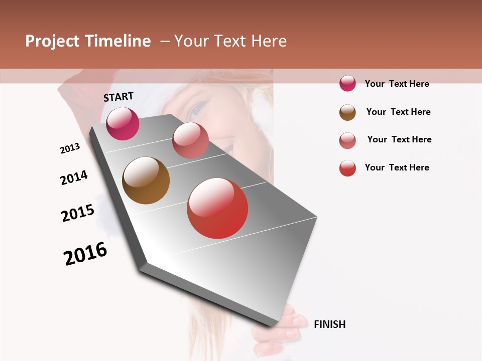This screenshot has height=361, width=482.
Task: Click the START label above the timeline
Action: [118, 97]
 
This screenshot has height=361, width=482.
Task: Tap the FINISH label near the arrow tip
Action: [329, 324]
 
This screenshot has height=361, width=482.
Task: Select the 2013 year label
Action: [70, 148]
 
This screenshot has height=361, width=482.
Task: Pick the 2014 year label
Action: [74, 177]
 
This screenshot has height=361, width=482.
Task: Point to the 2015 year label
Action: [78, 213]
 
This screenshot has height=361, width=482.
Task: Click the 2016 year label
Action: [85, 254]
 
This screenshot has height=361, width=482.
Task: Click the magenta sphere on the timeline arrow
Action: [123, 124]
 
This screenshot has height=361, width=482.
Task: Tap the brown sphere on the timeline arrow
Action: [146, 180]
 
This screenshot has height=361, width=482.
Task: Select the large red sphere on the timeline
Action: [217, 208]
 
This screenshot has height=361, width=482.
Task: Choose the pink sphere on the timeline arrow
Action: [190, 140]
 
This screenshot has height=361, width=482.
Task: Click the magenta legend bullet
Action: [347, 84]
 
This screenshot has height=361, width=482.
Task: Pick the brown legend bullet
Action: [347, 112]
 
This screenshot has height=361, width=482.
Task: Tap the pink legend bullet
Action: [347, 140]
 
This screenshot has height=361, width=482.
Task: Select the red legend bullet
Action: [347, 168]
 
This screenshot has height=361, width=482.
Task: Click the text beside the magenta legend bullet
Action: [397, 84]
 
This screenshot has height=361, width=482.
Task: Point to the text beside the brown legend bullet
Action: [398, 112]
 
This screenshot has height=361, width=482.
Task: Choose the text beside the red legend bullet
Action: [397, 167]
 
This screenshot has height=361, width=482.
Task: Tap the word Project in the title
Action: [52, 41]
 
